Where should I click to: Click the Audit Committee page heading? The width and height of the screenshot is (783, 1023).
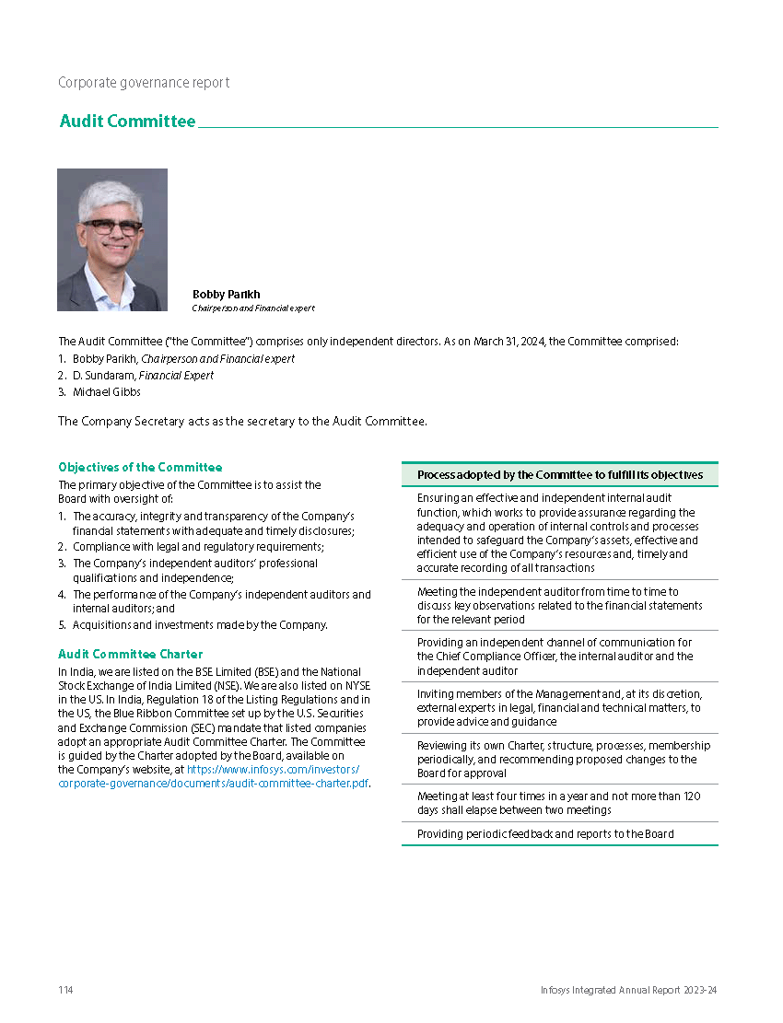[x=127, y=122]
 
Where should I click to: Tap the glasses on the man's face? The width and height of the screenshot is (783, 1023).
[x=111, y=227]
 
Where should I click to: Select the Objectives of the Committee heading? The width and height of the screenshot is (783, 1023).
[x=140, y=467]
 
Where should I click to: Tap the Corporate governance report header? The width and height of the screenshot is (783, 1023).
[x=144, y=83]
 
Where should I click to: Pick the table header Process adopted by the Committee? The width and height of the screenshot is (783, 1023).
[x=559, y=475]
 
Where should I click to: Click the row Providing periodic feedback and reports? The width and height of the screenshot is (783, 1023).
[x=544, y=834]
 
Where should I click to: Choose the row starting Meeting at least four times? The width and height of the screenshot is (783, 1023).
[x=558, y=803]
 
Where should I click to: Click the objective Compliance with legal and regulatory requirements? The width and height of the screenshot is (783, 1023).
[x=198, y=547]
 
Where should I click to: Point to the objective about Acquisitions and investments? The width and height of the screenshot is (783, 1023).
[x=200, y=625]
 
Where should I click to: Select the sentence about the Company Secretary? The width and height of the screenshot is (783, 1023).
[x=242, y=421]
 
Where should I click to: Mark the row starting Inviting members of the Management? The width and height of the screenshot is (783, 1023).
[x=558, y=708]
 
